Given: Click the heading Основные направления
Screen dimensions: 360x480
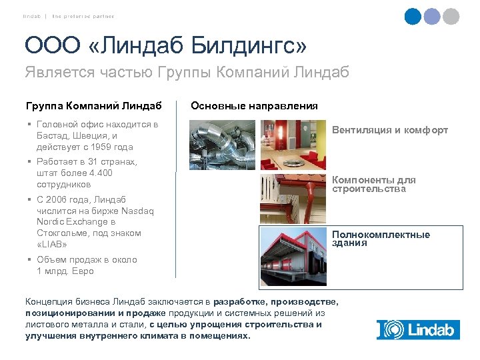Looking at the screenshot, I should [254, 105].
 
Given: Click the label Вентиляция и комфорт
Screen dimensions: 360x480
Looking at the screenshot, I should [390, 130].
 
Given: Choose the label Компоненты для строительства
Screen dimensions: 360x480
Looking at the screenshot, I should [373, 185].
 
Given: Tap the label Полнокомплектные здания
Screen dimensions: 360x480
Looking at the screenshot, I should [381, 239].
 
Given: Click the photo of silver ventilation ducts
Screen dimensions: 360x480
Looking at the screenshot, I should [222, 145].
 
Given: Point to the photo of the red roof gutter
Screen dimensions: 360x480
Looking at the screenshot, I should [293, 198].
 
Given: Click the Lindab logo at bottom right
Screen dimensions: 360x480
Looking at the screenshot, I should [417, 329].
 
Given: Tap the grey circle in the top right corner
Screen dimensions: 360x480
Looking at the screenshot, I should [451, 16].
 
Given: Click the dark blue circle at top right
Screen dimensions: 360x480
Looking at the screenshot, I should [413, 16].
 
